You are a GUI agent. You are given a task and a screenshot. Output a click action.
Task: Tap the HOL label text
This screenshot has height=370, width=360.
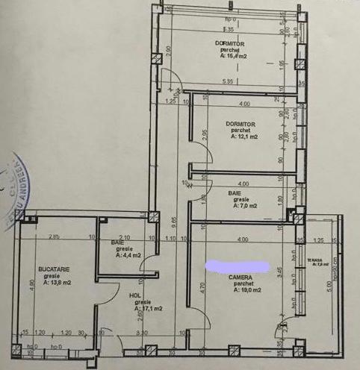(x=135, y=295)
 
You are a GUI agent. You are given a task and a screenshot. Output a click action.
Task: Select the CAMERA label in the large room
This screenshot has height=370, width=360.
(x=241, y=277)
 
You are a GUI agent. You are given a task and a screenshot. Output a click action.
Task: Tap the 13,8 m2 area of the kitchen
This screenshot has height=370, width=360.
(x=57, y=283)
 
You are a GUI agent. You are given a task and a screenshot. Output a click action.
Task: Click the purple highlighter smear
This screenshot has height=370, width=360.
(x=237, y=265)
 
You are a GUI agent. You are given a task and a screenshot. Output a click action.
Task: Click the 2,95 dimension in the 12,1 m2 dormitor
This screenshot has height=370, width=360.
(x=205, y=137)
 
